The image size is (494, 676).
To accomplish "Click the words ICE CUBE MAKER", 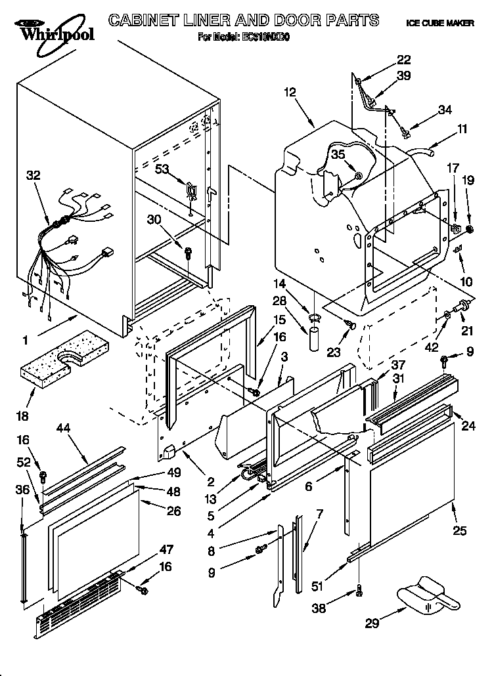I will pos(440,23).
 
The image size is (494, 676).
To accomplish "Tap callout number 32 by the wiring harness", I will pos(33,175).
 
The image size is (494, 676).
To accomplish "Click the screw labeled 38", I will pos(359,592).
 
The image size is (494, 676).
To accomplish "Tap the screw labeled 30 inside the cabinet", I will pos(189,251).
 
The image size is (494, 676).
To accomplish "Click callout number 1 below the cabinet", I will pos(25,340).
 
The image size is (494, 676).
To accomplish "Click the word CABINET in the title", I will pos(148,20).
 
